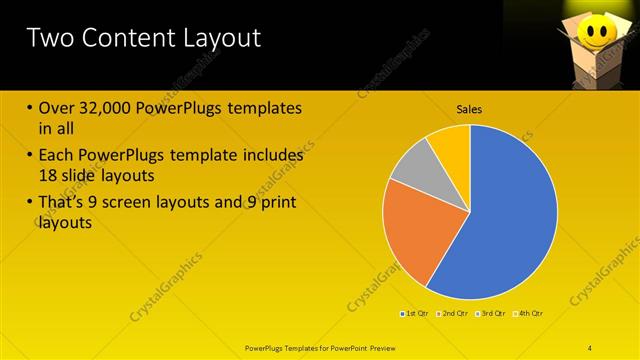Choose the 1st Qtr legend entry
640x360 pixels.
tap(416, 314)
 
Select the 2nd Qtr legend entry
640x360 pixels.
tap(454, 314)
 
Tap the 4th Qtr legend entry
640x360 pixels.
tap(529, 314)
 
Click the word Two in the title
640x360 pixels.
tap(49, 38)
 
